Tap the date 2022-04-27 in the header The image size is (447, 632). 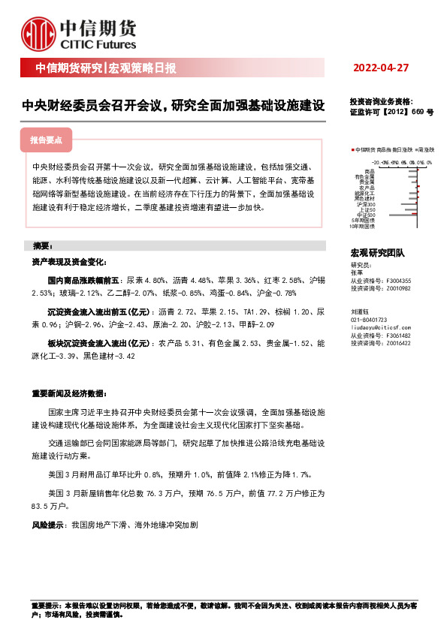[381, 68]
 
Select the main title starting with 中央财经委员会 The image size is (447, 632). [173, 106]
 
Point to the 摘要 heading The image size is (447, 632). [42, 245]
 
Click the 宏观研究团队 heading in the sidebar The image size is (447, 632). [377, 254]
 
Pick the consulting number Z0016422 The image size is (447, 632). [398, 342]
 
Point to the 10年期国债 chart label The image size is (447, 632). [363, 225]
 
